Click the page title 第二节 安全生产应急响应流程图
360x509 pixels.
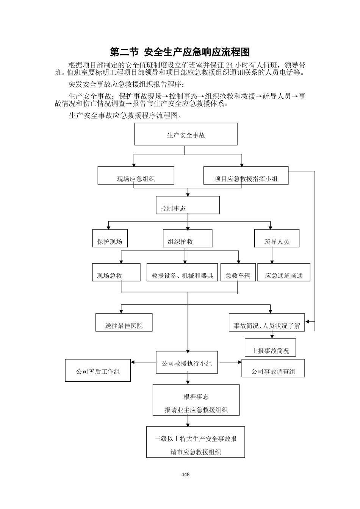click(x=180, y=52)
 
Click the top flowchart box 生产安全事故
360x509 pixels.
click(x=186, y=134)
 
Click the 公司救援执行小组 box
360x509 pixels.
click(x=187, y=362)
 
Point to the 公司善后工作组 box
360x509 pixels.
click(x=98, y=370)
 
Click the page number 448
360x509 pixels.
click(x=185, y=475)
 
